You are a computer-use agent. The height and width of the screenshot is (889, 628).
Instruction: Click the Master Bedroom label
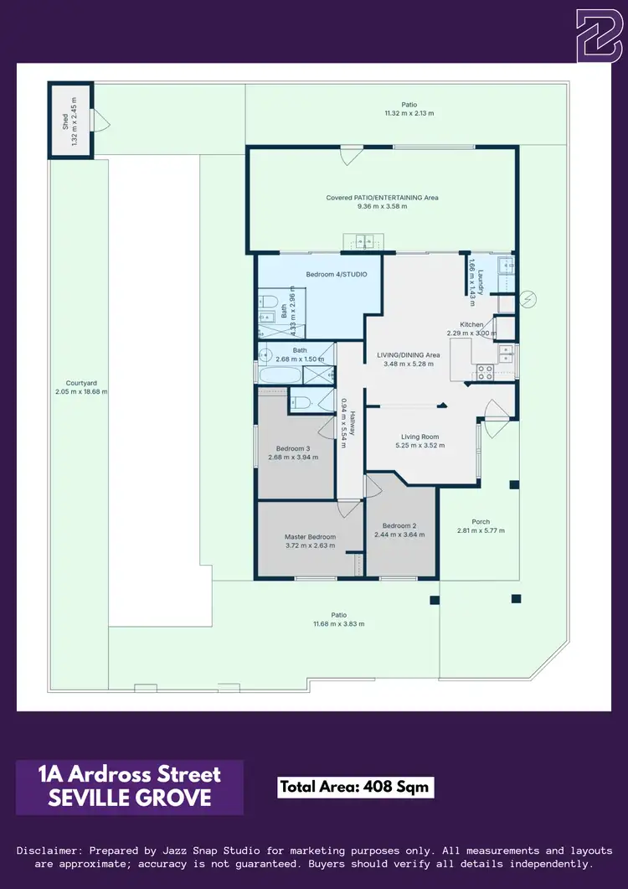click(x=310, y=536)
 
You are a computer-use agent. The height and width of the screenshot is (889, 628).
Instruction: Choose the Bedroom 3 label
click(x=289, y=448)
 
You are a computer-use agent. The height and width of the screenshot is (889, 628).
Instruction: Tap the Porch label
click(x=481, y=521)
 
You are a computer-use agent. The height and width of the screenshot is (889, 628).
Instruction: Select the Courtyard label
click(x=81, y=383)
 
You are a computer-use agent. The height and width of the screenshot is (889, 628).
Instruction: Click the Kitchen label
click(x=471, y=324)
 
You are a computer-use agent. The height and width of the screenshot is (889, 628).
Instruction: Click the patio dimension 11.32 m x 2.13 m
click(x=409, y=113)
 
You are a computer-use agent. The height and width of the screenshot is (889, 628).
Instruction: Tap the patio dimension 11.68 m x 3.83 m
click(x=338, y=623)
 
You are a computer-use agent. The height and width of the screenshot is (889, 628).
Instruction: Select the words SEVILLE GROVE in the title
click(x=130, y=799)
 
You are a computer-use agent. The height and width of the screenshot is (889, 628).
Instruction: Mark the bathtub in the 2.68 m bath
click(x=284, y=374)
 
